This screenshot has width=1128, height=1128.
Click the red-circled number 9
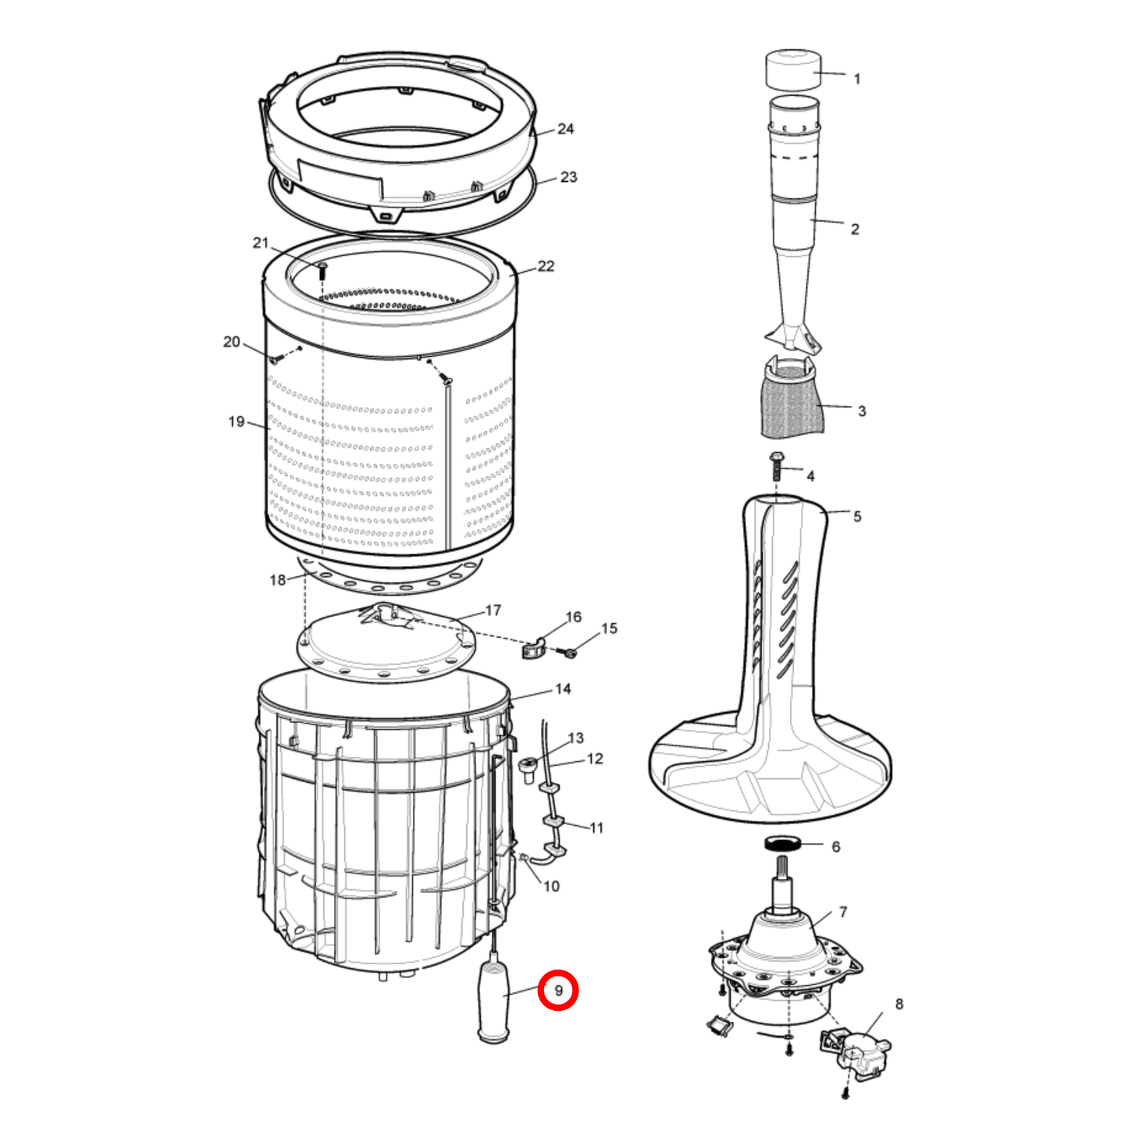point(558,991)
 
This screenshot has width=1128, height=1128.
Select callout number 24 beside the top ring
point(565,129)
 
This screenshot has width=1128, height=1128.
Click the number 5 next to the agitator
point(857,516)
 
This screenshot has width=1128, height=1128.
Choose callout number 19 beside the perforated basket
point(236,422)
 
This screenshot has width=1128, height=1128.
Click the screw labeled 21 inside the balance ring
point(322,270)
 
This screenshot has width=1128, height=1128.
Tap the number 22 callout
point(546,265)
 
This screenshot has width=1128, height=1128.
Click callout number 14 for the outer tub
point(563,689)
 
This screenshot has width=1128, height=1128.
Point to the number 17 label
point(493,610)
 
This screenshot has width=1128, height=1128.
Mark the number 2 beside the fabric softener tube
point(855,229)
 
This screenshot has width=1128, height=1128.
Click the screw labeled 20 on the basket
point(276,358)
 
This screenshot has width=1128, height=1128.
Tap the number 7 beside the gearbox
point(843,912)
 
